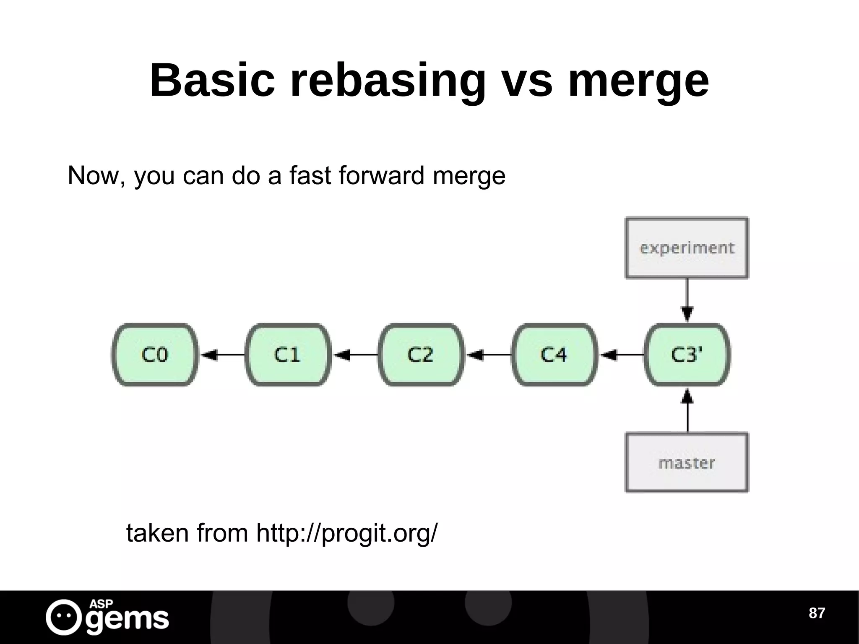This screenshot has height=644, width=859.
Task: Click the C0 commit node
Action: [x=154, y=355]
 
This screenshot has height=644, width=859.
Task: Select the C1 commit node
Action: [x=288, y=355]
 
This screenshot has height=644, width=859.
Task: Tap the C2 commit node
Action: [x=421, y=355]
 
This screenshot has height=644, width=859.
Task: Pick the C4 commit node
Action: [x=554, y=355]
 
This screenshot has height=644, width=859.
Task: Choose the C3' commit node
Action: [x=687, y=355]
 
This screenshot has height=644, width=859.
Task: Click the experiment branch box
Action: [x=687, y=248]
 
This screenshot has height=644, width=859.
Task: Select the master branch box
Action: [x=687, y=462]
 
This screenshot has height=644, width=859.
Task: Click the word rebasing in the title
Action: [x=388, y=81]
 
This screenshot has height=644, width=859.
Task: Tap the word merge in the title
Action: [x=638, y=81]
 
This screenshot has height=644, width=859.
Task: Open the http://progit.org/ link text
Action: [x=346, y=534]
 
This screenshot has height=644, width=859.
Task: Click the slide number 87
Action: [x=816, y=613]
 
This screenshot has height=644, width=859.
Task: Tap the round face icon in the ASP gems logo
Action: [x=64, y=617]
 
